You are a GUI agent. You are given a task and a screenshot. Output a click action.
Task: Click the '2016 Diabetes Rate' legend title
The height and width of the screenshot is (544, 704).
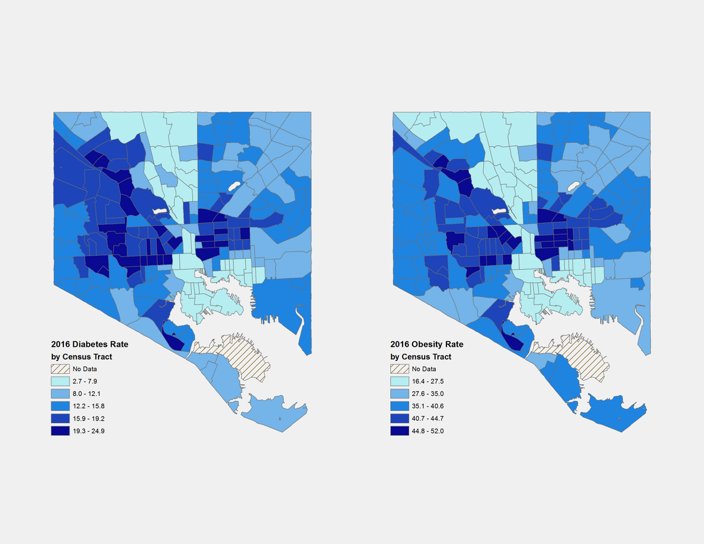tap(89, 344)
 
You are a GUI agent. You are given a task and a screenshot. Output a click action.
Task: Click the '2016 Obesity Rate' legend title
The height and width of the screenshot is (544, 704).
tap(427, 344)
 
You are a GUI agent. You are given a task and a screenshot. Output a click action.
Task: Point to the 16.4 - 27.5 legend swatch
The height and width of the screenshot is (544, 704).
tap(400, 381)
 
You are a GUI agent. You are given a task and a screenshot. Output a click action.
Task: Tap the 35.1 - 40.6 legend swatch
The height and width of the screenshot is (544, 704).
tap(400, 406)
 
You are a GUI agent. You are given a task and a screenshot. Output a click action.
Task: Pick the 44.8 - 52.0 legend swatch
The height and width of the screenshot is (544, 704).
tap(400, 431)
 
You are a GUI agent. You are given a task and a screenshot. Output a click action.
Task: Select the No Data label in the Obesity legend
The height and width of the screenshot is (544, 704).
tap(424, 369)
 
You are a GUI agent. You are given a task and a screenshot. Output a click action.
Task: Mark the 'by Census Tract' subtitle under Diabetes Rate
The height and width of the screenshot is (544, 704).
tap(82, 357)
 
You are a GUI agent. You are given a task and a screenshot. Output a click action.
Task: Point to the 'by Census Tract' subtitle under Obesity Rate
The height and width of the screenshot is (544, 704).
tap(421, 357)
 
